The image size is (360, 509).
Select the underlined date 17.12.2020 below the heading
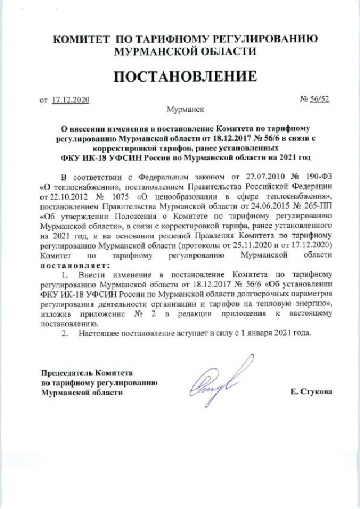pyautogui.click(x=70, y=100)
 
